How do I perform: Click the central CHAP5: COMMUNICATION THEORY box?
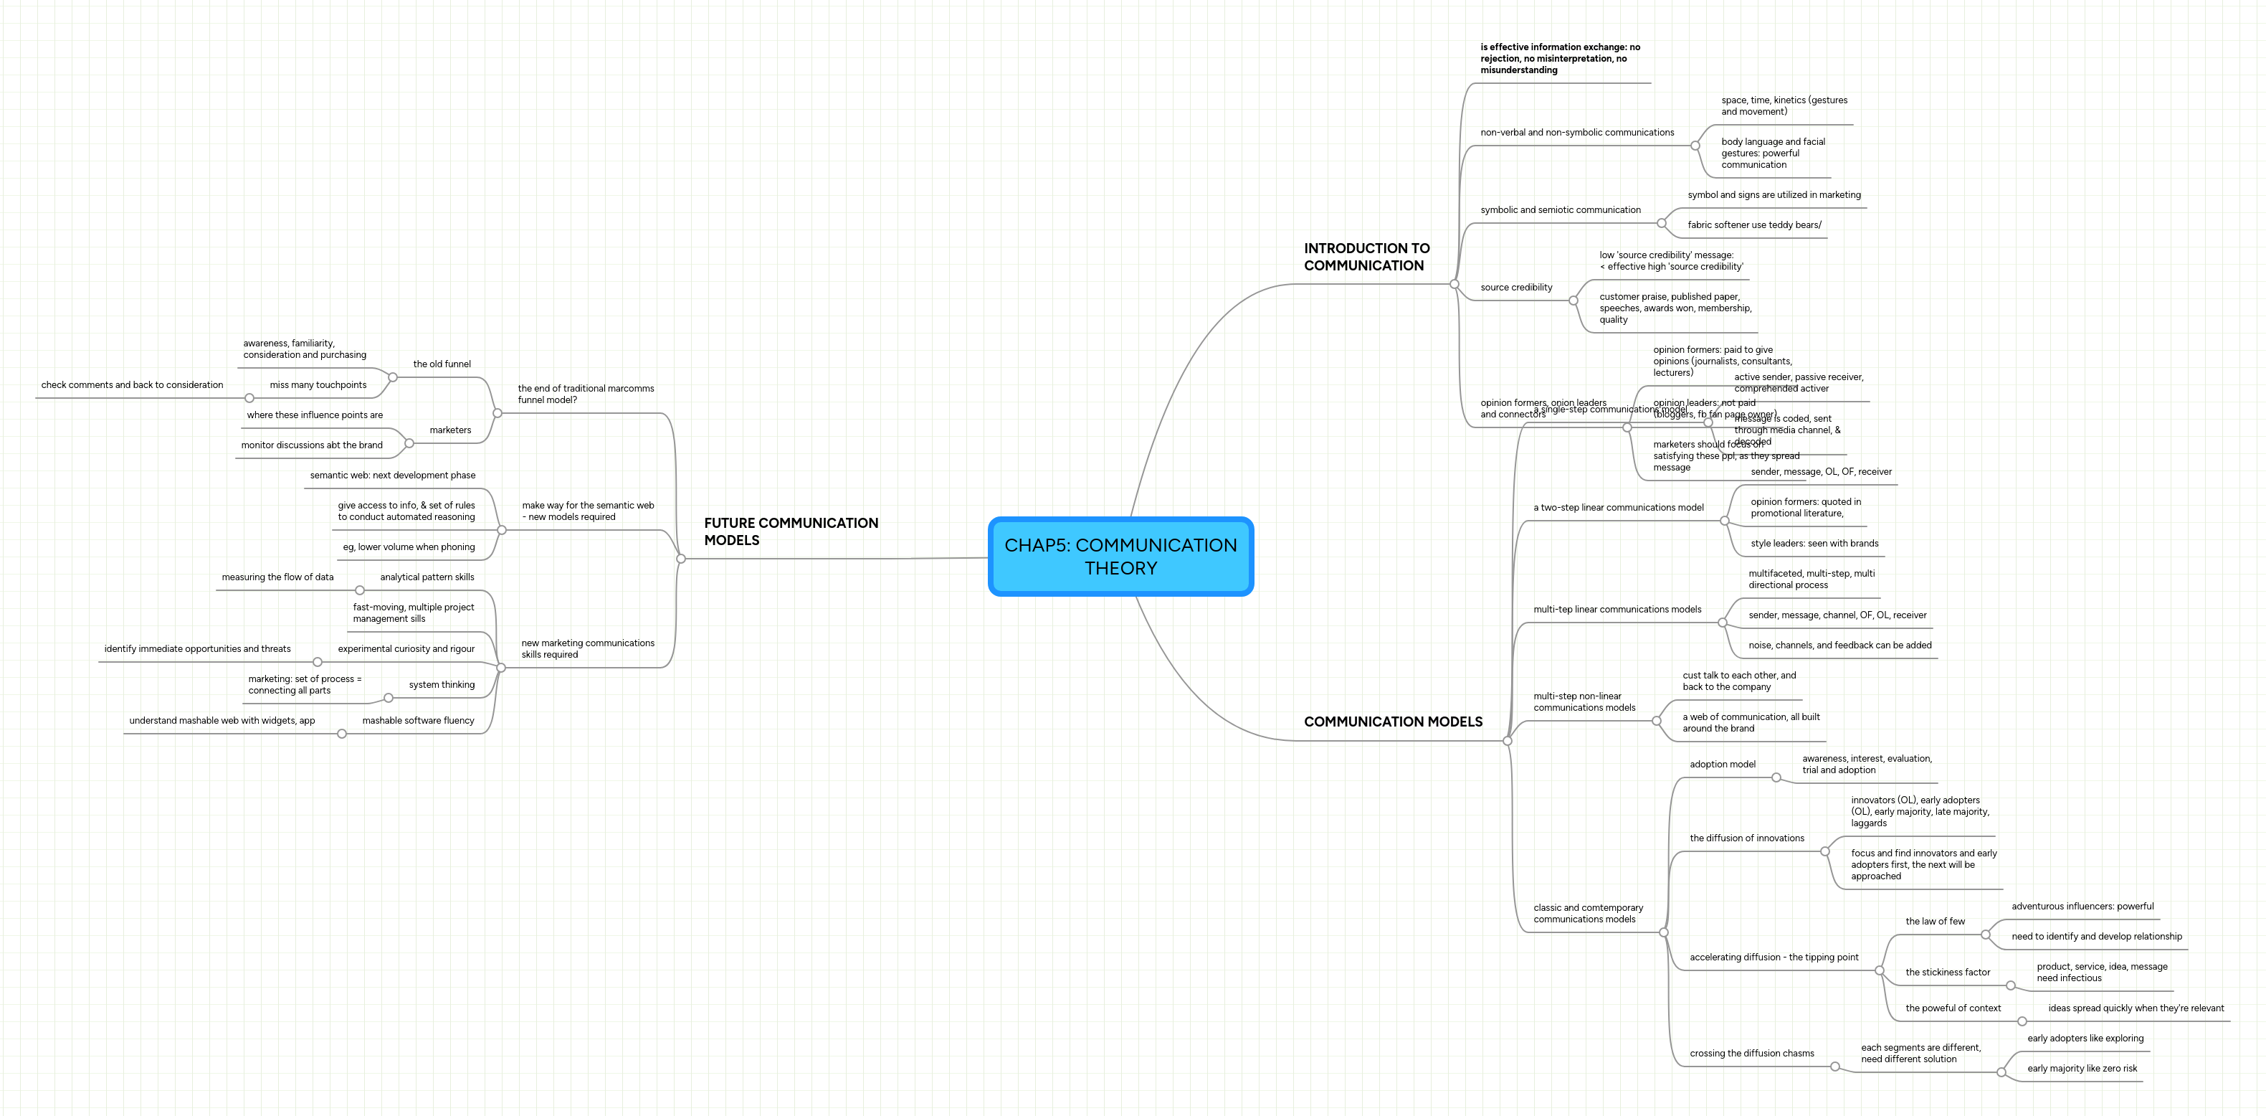tap(1120, 557)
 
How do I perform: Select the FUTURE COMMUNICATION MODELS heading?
tap(790, 531)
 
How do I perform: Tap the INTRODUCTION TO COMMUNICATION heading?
tap(1366, 257)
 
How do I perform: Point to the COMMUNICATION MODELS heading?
tap(1392, 722)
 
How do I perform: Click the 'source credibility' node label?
tap(1515, 288)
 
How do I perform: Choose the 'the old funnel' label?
tap(442, 364)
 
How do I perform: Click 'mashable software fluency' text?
tap(418, 721)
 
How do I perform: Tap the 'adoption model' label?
tap(1721, 765)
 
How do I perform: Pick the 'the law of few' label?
tap(1934, 922)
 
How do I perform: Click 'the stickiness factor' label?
tap(1947, 973)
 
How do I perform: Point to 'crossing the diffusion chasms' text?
tap(1751, 1054)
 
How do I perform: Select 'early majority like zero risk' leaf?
tap(2081, 1069)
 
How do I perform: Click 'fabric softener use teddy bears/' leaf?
tap(1753, 225)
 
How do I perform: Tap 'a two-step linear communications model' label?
tap(1618, 508)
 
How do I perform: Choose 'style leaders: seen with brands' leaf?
tap(1814, 544)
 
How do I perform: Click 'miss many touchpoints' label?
tap(318, 385)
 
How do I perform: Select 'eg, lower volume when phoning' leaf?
tap(408, 547)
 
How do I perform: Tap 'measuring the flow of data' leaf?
tap(277, 577)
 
